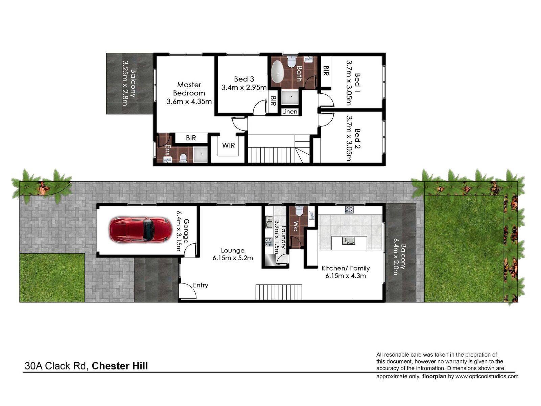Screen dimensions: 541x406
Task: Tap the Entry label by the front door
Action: (201, 285)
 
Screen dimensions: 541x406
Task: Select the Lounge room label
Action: (232, 250)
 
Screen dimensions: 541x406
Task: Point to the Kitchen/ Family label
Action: (346, 268)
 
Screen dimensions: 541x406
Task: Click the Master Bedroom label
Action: (189, 89)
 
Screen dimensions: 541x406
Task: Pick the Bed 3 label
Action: (244, 79)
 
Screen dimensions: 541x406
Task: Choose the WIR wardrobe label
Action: (229, 145)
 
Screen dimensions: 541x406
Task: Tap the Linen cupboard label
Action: (289, 112)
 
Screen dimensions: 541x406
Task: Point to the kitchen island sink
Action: (348, 241)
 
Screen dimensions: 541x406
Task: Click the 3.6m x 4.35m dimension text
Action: (189, 101)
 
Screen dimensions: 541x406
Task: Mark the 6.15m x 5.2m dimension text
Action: (232, 258)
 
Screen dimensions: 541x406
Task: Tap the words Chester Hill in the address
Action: (120, 366)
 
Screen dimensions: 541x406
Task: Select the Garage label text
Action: (186, 231)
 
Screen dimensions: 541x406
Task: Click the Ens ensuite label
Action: (168, 150)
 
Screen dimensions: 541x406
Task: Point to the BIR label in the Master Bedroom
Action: (191, 138)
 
